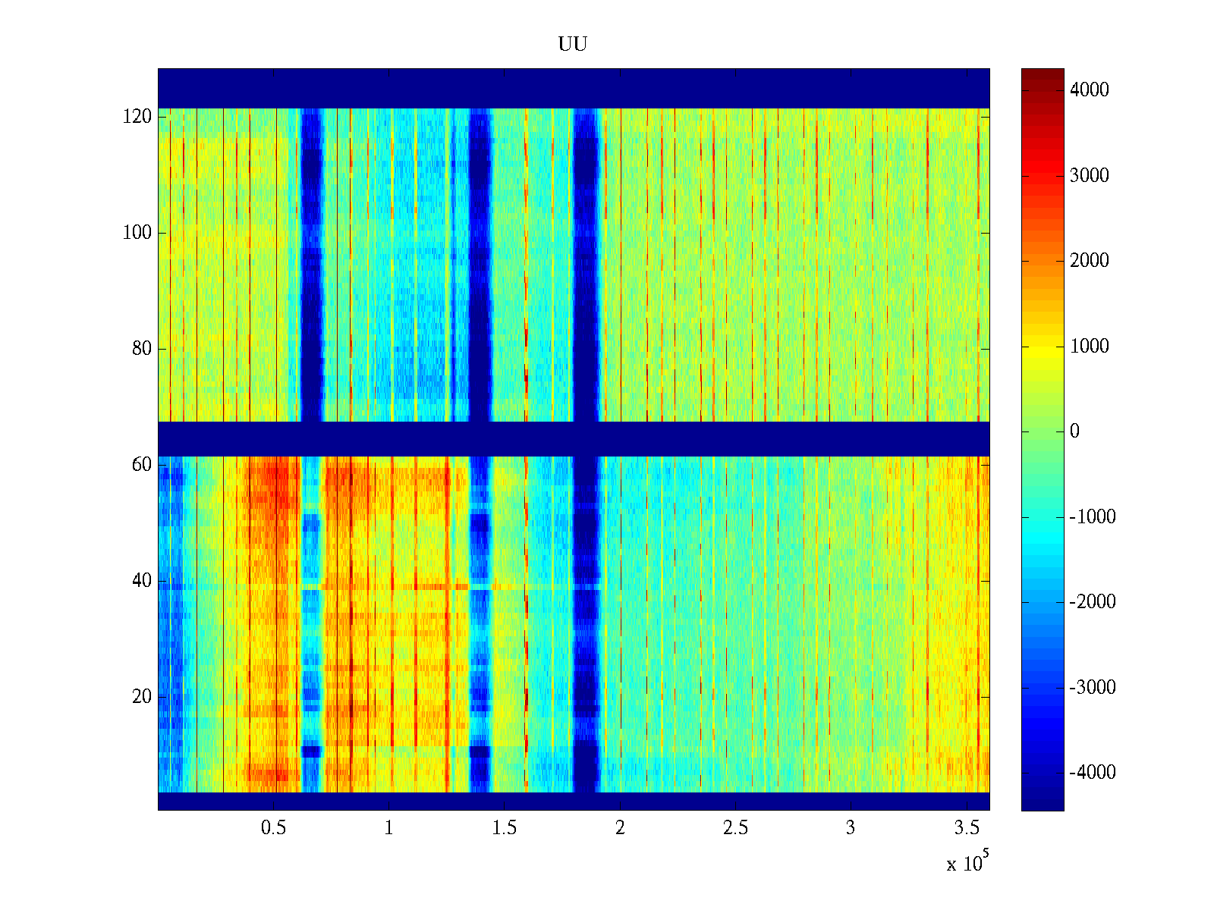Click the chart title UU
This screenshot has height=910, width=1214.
(x=573, y=45)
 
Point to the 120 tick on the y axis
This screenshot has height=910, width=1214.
(x=137, y=117)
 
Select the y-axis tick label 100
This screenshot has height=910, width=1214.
(x=137, y=233)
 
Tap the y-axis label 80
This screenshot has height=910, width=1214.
(x=142, y=349)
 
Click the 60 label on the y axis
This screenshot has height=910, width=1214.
(x=142, y=465)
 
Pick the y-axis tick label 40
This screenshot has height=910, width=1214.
(x=142, y=581)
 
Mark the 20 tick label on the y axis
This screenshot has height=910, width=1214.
(x=142, y=697)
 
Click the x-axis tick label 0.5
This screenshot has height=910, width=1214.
(x=273, y=828)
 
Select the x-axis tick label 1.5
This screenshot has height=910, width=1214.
(x=505, y=828)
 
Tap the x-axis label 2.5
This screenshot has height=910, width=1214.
(x=735, y=828)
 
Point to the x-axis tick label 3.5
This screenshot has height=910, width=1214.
(x=967, y=828)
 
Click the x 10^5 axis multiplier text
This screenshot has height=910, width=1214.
(x=967, y=862)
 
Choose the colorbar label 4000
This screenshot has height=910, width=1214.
(x=1090, y=90)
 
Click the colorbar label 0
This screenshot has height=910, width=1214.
(x=1074, y=431)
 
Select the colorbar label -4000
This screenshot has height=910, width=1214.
(x=1093, y=773)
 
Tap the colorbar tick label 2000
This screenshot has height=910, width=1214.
(x=1090, y=261)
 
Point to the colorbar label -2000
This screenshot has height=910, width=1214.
(x=1093, y=602)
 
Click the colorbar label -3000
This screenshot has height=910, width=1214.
(x=1093, y=688)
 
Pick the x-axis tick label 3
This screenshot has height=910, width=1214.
(x=851, y=828)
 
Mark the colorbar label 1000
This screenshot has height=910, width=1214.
(x=1090, y=347)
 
